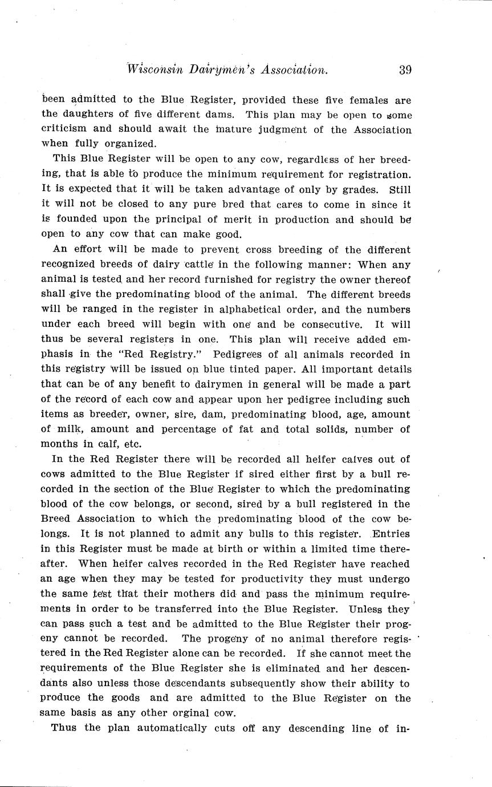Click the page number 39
coord(405,70)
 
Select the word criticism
coord(63,129)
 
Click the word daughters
coord(91,115)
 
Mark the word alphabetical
coord(231,310)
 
